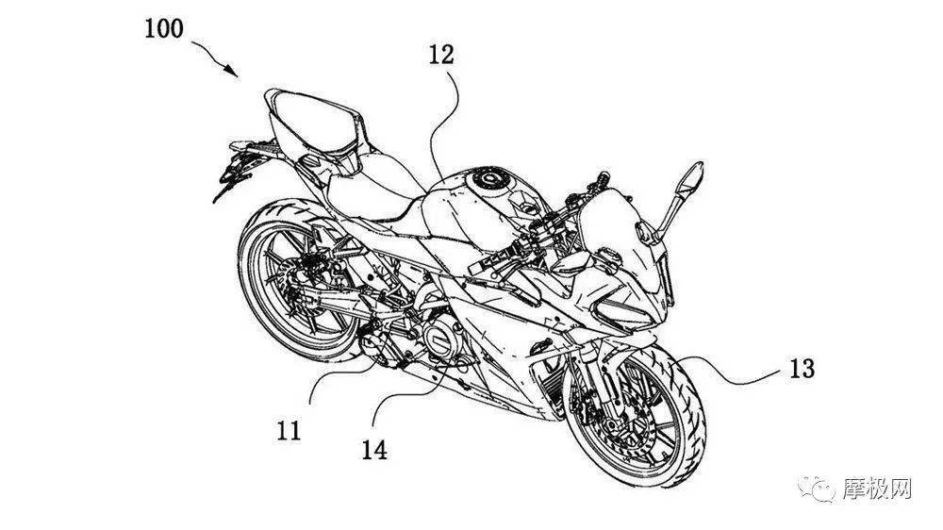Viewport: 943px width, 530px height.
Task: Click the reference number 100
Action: pyautogui.click(x=163, y=28)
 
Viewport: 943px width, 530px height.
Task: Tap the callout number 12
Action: pyautogui.click(x=440, y=55)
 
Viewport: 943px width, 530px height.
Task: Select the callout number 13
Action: pyautogui.click(x=802, y=368)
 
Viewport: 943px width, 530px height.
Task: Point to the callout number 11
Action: pyautogui.click(x=288, y=430)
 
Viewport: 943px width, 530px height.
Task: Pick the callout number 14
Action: pyautogui.click(x=374, y=450)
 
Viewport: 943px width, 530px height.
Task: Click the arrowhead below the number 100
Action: pyautogui.click(x=232, y=70)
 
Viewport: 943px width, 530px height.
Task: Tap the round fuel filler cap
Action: pyautogui.click(x=488, y=178)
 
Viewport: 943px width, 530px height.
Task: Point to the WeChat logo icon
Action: pyautogui.click(x=817, y=489)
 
